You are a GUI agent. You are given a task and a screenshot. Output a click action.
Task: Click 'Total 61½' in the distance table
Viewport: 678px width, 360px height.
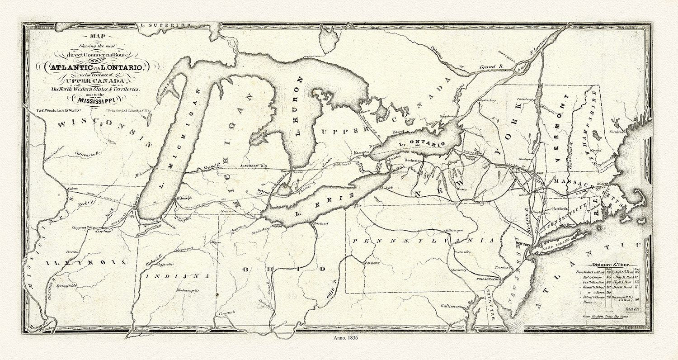tap(626, 308)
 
